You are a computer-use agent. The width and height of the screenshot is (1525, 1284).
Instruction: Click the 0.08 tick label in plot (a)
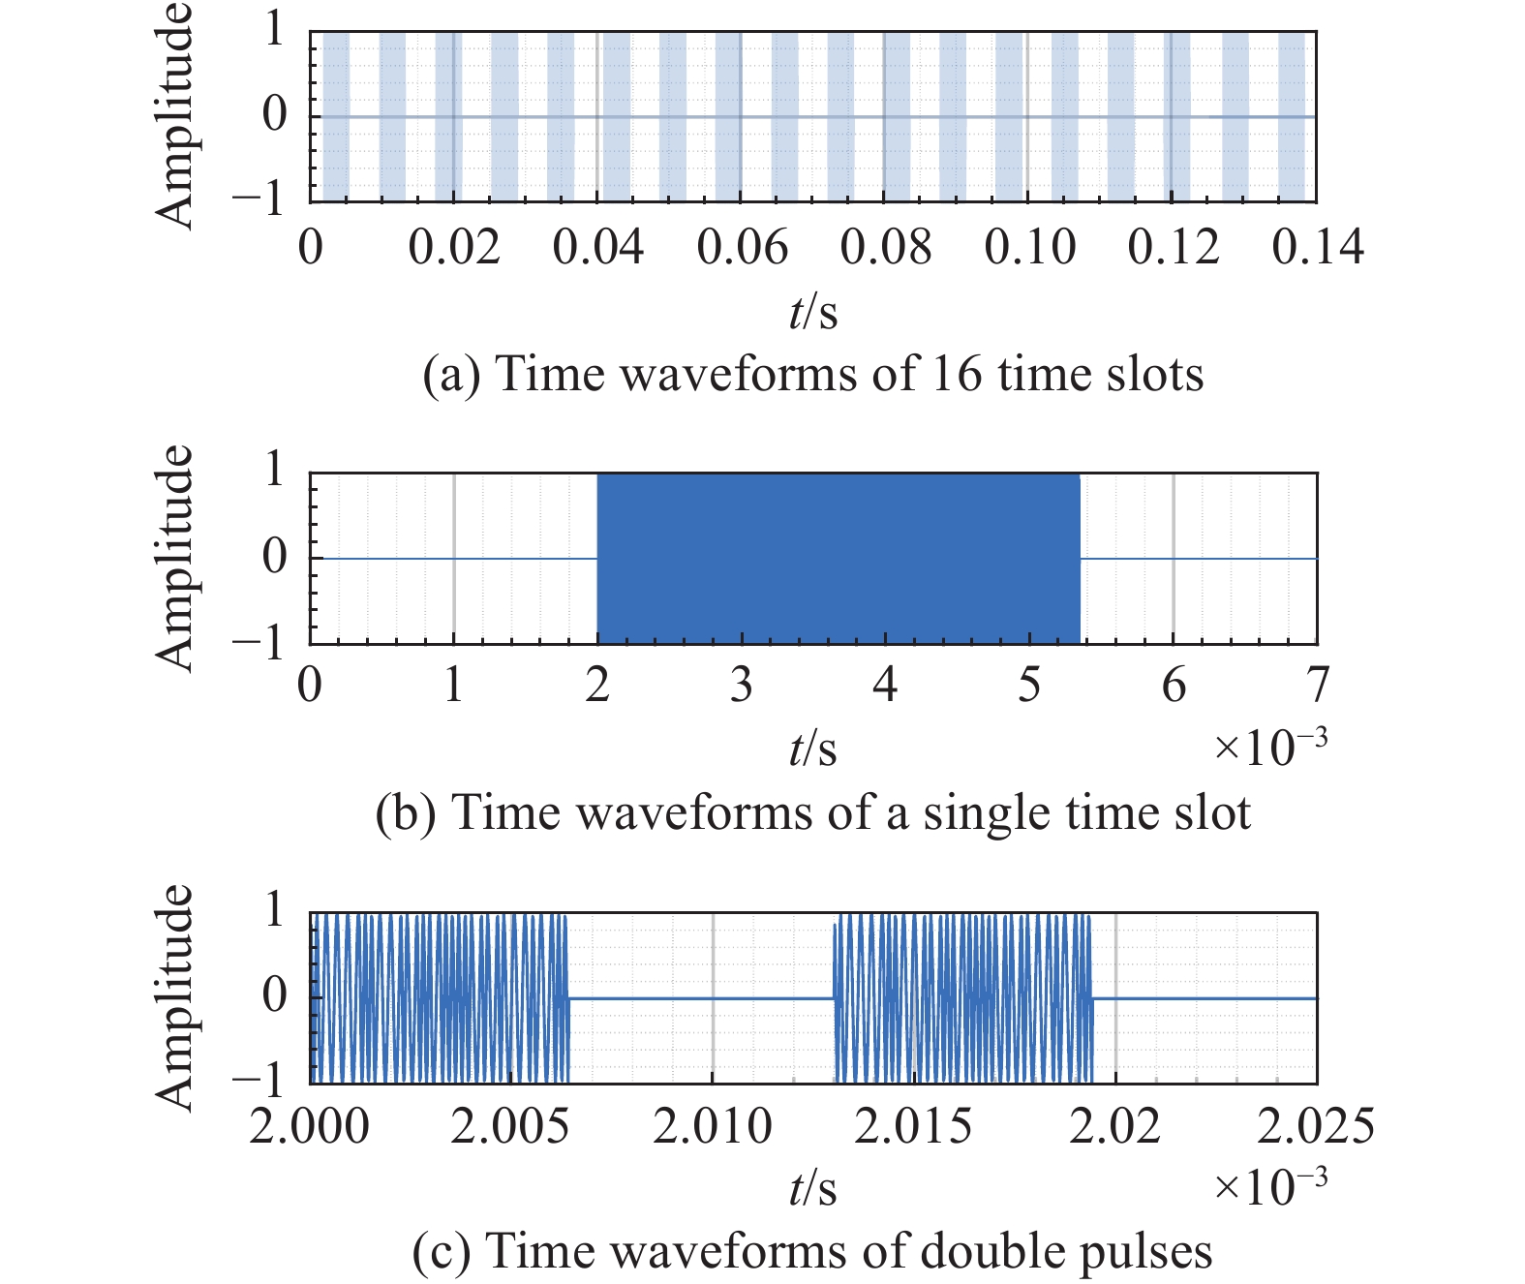click(885, 248)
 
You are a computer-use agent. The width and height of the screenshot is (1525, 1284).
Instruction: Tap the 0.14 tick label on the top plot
click(1318, 248)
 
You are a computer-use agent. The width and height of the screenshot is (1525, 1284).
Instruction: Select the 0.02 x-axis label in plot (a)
click(453, 248)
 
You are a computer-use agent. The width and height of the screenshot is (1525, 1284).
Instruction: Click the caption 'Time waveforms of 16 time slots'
click(813, 374)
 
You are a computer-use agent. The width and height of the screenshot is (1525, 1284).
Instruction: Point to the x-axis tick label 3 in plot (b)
click(741, 686)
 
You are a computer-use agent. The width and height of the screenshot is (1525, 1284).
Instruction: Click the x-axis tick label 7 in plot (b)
click(1318, 686)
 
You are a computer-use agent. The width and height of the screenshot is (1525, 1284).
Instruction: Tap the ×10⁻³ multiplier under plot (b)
click(1269, 746)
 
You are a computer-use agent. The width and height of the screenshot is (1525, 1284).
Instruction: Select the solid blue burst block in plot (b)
click(838, 558)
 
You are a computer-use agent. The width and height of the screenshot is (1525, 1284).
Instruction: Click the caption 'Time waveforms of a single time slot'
click(813, 812)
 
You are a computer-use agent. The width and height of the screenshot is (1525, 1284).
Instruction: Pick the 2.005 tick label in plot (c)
click(510, 1126)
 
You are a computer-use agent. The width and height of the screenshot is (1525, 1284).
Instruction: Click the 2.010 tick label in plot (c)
click(713, 1126)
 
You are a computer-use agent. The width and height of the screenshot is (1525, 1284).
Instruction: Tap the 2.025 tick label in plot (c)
click(1316, 1126)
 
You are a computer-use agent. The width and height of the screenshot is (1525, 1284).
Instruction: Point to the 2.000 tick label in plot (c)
click(310, 1126)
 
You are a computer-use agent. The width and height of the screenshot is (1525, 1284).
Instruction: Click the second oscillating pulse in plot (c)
click(963, 997)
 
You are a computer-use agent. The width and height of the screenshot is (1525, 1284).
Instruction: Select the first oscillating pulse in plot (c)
click(440, 997)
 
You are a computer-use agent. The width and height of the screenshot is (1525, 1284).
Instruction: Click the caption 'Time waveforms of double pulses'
click(812, 1251)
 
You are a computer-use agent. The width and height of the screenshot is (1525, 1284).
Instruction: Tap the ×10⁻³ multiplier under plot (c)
click(1269, 1185)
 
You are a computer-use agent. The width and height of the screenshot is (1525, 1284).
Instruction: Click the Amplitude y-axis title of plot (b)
click(175, 558)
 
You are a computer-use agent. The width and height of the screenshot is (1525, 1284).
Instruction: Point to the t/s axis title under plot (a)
click(812, 313)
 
